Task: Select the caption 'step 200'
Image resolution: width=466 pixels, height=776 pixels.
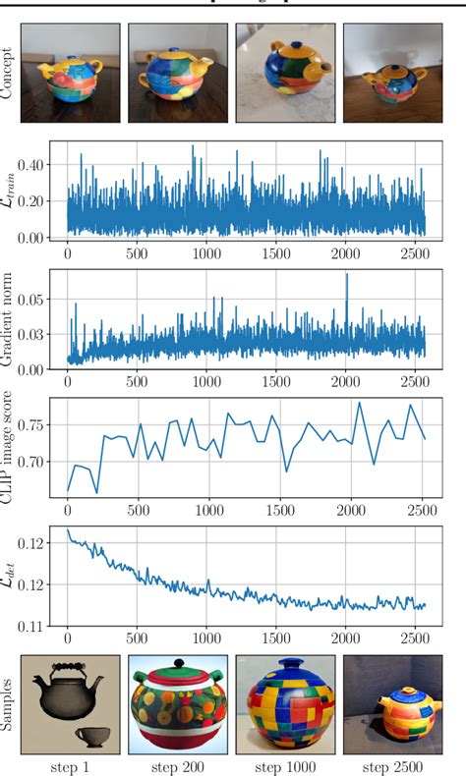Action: pos(179,764)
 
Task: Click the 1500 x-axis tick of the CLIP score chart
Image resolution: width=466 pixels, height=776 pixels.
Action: pos(280,511)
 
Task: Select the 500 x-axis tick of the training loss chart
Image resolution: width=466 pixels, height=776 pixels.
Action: pos(138,252)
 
